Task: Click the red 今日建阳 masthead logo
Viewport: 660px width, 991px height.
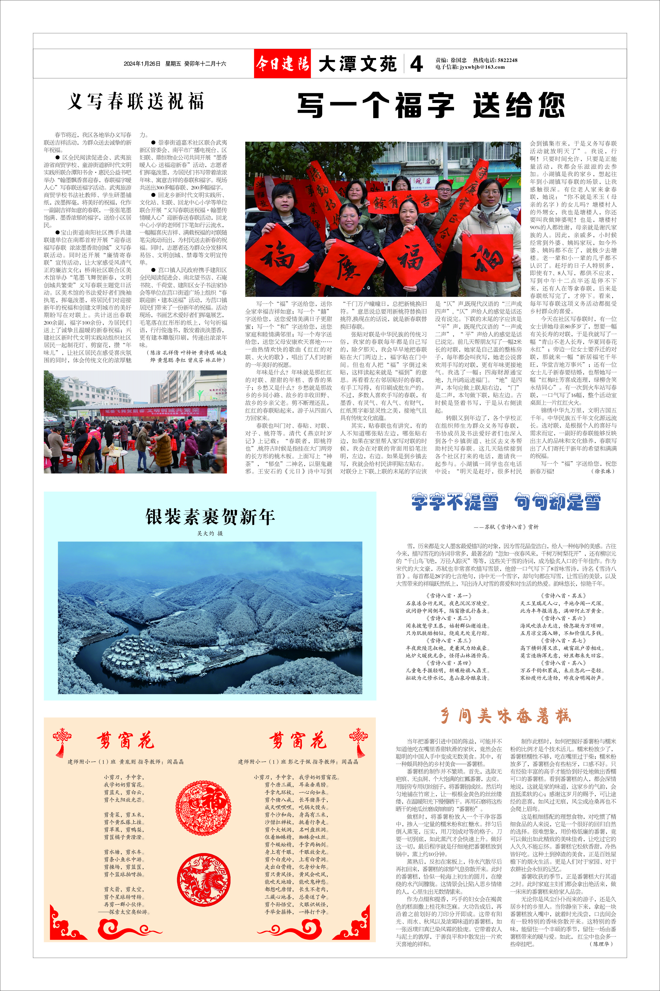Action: point(282,64)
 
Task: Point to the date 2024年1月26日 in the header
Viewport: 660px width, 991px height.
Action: point(142,64)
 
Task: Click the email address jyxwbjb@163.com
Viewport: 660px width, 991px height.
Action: point(482,67)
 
